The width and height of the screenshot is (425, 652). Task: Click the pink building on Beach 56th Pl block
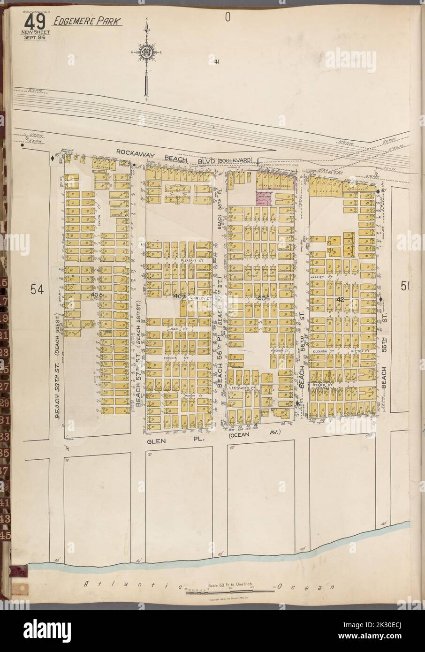point(265,197)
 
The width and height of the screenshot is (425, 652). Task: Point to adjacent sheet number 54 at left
point(37,290)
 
